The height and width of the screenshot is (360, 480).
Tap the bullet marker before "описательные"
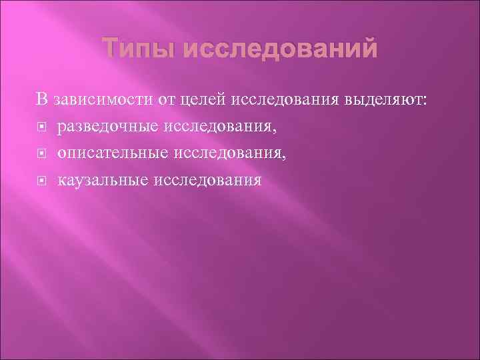(x=41, y=154)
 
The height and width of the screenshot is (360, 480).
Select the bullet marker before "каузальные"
(x=41, y=181)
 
